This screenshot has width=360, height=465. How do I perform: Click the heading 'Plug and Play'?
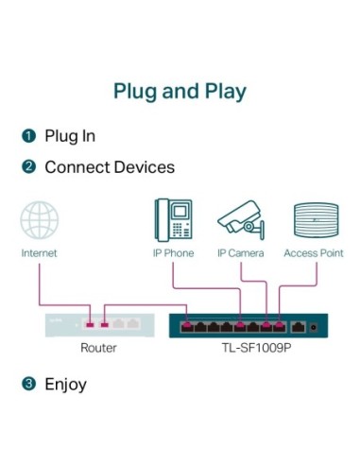click(180, 92)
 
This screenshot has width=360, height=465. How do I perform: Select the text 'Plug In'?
click(70, 137)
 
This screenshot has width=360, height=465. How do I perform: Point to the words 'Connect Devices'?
click(110, 167)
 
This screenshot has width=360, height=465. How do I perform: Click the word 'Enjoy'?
click(65, 384)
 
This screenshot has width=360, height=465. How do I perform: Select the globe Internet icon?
click(40, 220)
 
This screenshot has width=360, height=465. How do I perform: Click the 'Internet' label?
click(40, 253)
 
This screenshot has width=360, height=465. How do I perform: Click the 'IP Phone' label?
click(173, 253)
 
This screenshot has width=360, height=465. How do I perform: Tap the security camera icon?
click(240, 219)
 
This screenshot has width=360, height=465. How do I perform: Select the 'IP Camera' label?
click(240, 253)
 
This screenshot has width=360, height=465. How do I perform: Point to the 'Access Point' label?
click(313, 253)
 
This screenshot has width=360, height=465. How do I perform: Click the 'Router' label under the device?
click(98, 348)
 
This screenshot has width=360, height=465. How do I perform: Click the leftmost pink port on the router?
click(90, 324)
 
